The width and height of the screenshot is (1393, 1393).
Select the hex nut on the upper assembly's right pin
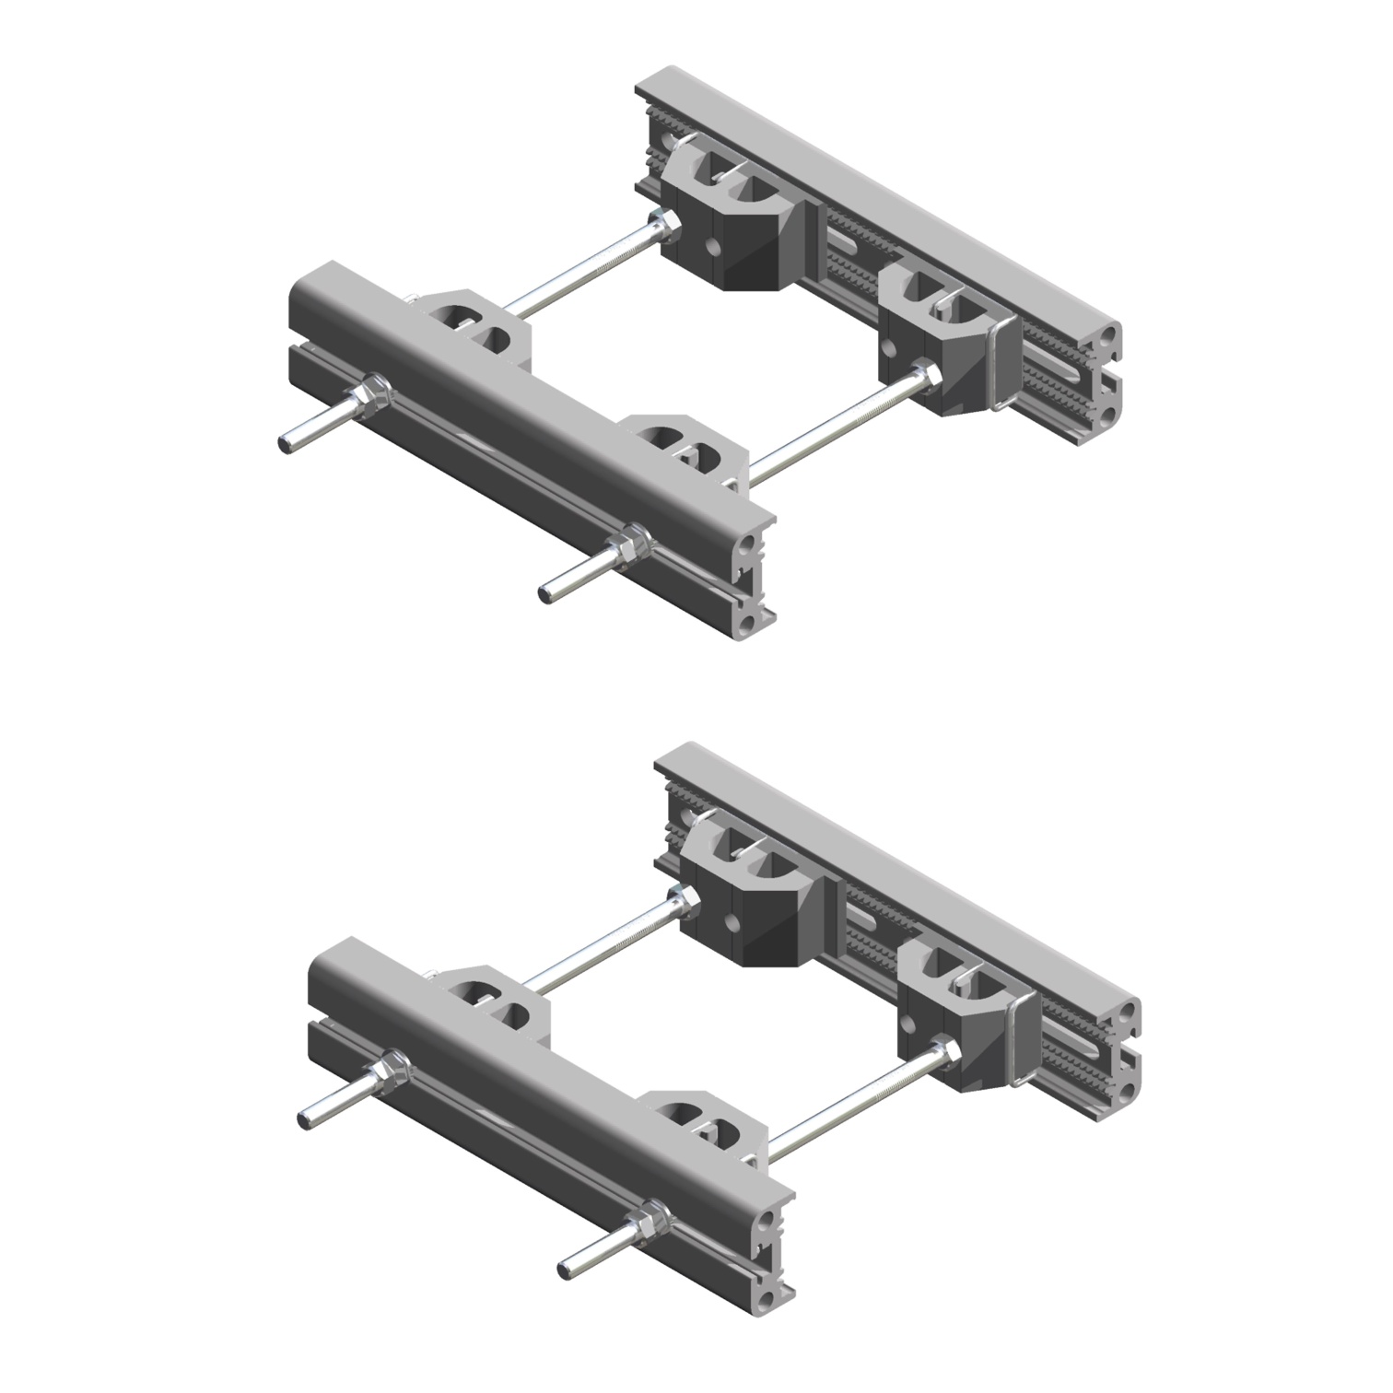[633, 538]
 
